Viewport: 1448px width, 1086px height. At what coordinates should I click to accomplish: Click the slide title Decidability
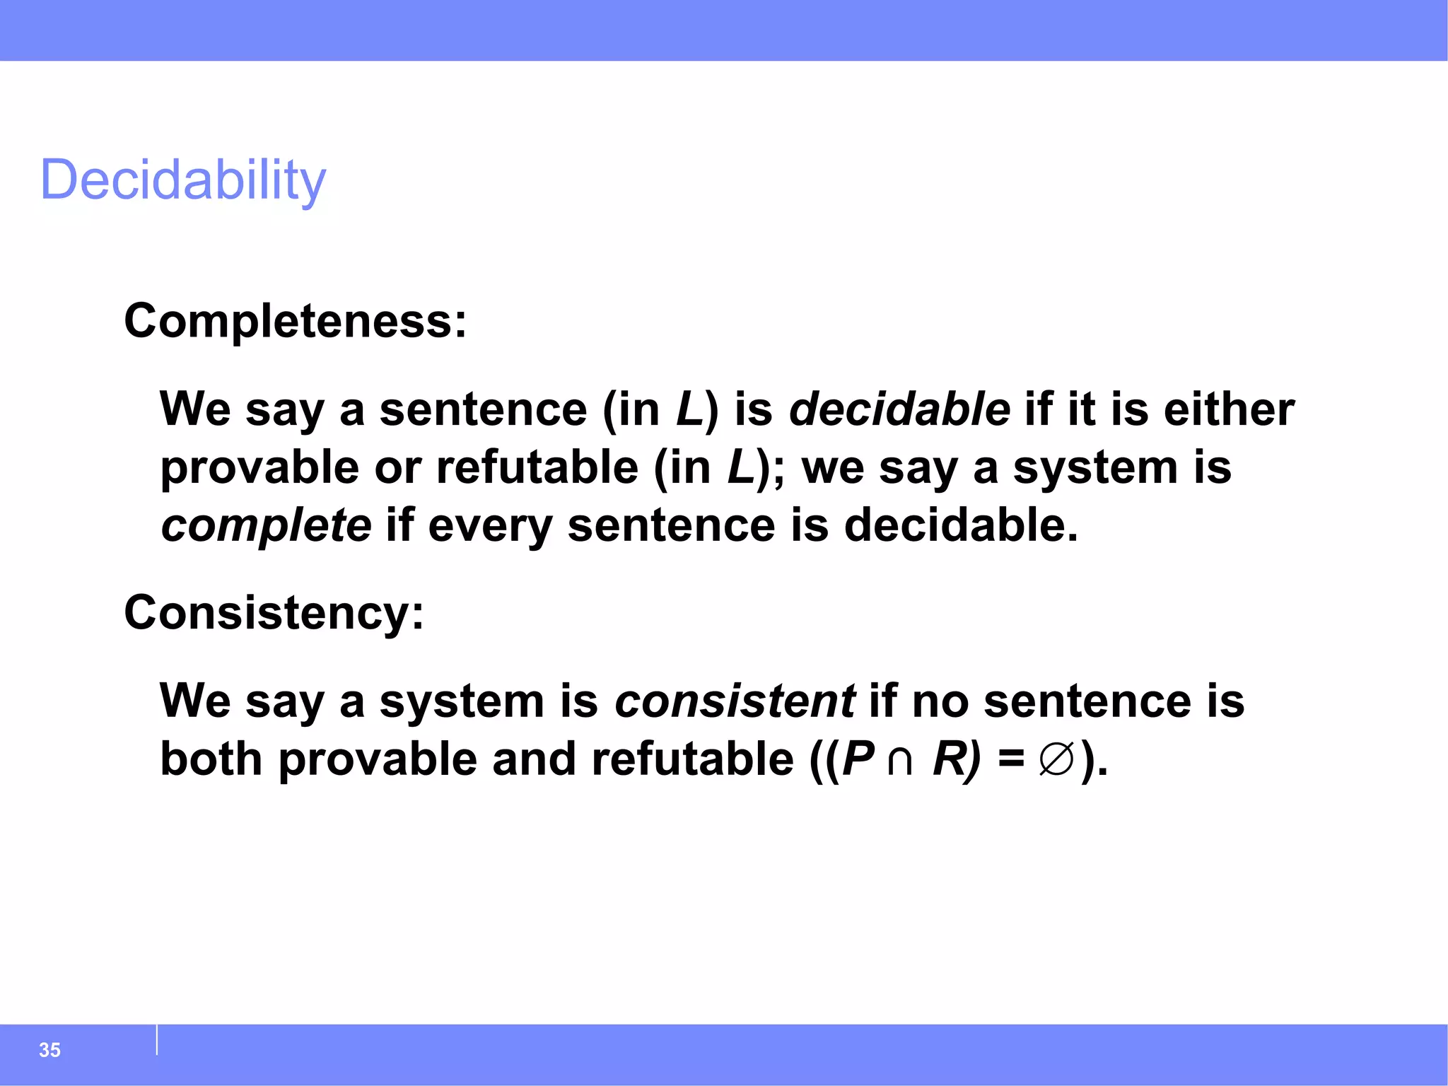[183, 180]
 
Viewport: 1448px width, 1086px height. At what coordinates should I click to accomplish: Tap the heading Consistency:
[274, 612]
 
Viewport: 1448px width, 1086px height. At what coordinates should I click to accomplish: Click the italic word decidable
[899, 409]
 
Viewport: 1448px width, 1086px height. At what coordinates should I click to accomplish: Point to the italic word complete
[266, 525]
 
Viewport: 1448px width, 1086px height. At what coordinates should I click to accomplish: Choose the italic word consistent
[735, 701]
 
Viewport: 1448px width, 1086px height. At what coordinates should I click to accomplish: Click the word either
[1229, 409]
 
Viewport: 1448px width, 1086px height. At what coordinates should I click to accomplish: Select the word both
[211, 759]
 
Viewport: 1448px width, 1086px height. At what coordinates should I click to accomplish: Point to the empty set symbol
[1057, 760]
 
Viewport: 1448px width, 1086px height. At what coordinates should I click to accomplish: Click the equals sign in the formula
[1011, 760]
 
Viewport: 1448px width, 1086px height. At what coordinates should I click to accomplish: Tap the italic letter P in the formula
[859, 759]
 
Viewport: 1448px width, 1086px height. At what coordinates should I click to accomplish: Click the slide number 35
[49, 1050]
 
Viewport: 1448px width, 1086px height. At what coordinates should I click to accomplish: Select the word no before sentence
[940, 701]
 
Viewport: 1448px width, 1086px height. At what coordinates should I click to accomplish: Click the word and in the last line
[534, 759]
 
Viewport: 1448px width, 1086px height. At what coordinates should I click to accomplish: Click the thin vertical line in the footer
[157, 1040]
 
